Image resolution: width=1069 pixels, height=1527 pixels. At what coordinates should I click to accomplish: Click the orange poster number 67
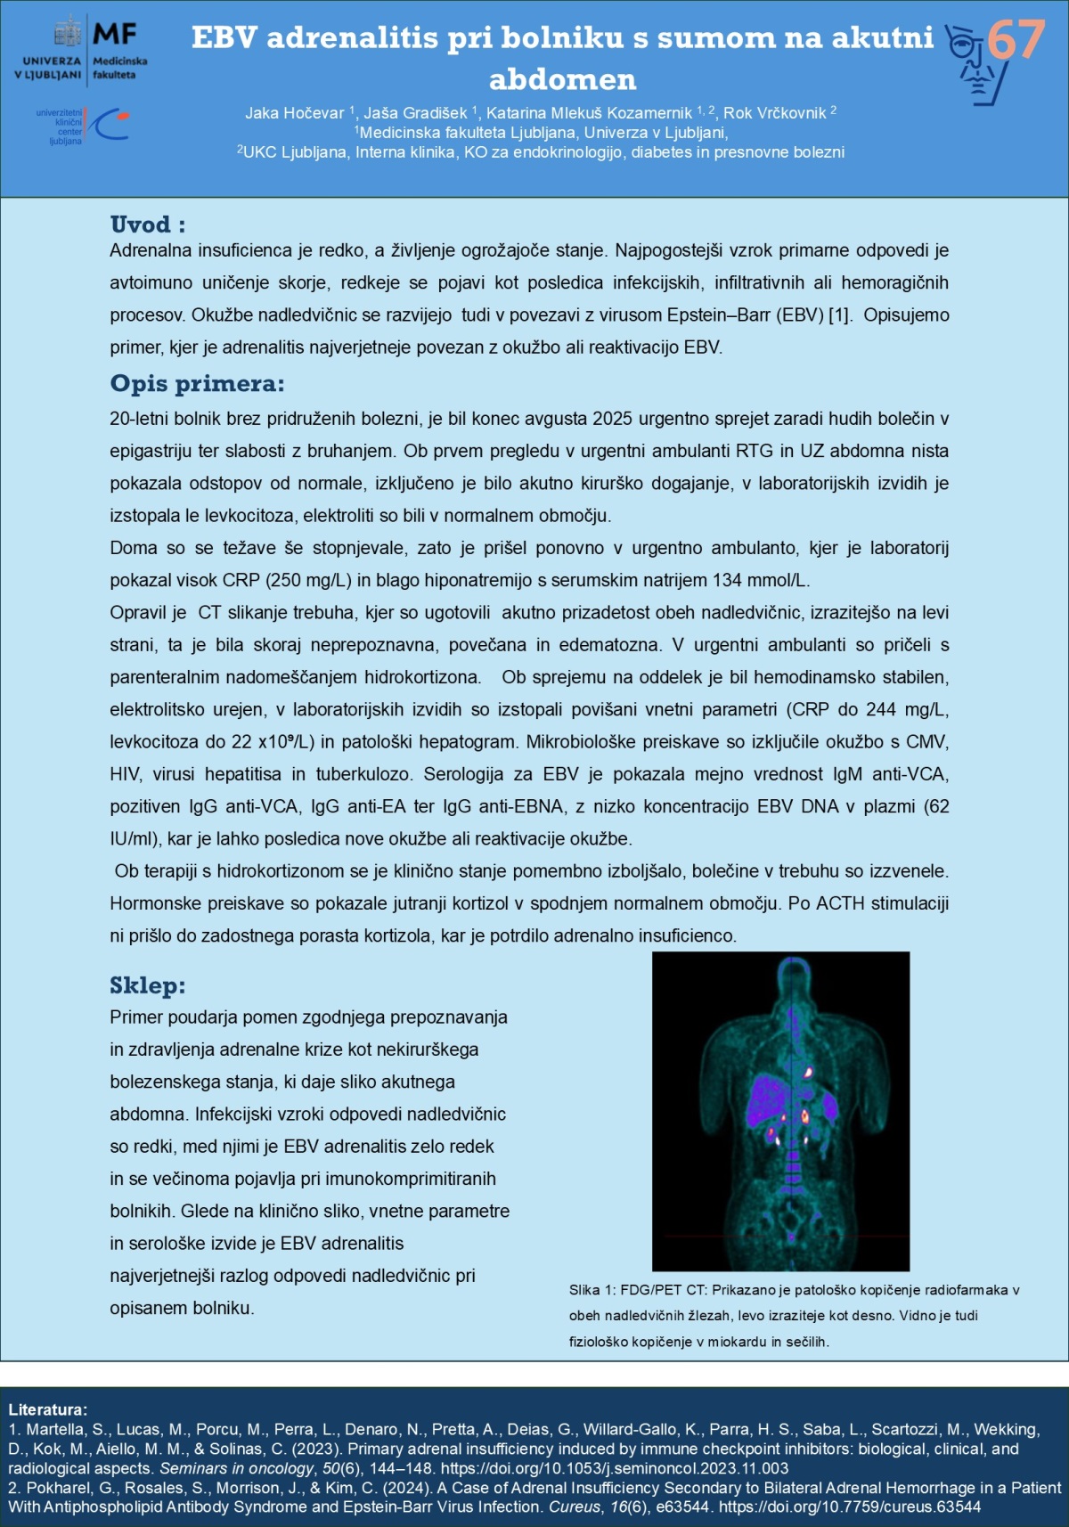click(1016, 40)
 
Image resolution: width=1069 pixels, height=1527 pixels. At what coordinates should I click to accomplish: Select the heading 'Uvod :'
click(148, 225)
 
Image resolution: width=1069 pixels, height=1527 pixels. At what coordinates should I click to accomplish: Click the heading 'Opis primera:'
click(197, 384)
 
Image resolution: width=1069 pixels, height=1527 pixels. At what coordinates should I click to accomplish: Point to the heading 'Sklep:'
click(148, 985)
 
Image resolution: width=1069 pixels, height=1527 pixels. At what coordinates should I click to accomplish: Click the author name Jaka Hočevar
click(295, 113)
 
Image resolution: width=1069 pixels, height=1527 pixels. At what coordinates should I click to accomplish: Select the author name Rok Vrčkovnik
click(774, 113)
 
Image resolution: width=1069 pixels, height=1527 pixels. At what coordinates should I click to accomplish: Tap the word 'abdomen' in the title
click(563, 80)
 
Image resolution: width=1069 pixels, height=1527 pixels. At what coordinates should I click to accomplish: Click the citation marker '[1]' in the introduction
click(840, 315)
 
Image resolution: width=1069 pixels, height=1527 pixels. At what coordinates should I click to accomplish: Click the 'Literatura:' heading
click(48, 1409)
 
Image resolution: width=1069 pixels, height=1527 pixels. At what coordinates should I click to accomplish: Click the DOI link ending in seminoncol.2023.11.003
click(615, 1468)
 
